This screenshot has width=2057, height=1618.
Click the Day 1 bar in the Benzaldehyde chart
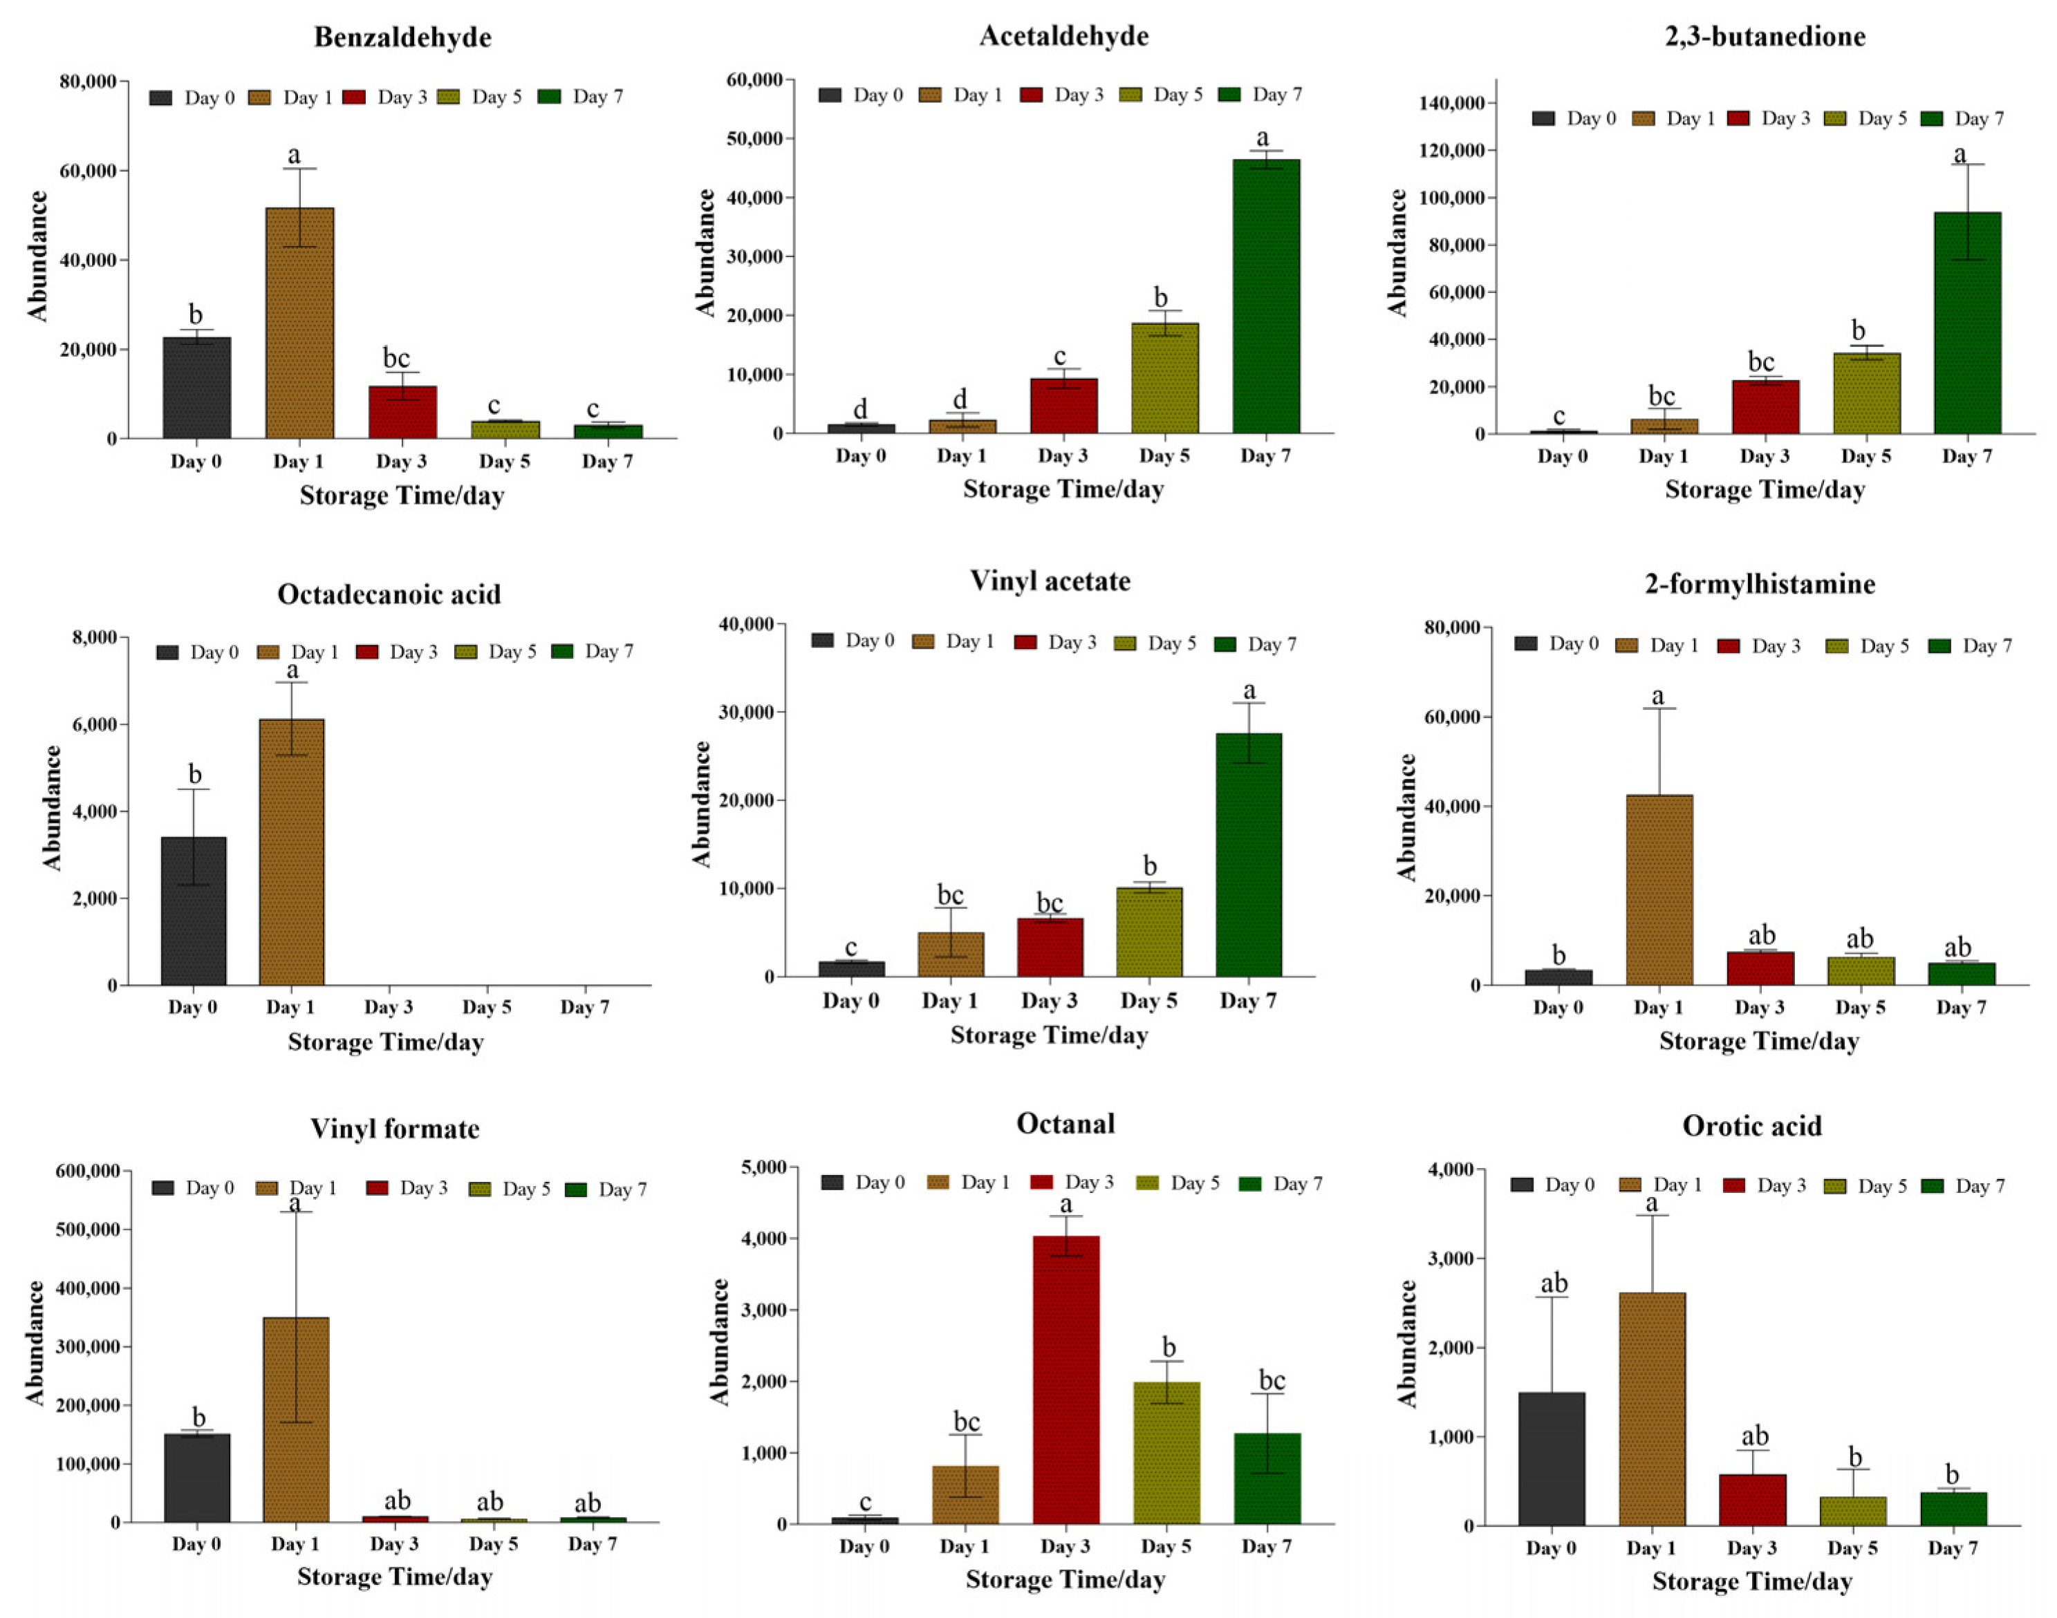pyautogui.click(x=299, y=322)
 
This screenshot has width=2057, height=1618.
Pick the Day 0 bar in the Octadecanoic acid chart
pyautogui.click(x=194, y=910)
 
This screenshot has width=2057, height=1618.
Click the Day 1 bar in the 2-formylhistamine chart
pyautogui.click(x=1659, y=890)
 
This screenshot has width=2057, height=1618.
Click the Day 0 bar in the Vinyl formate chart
pyautogui.click(x=197, y=1478)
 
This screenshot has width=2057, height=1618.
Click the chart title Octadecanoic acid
pyautogui.click(x=389, y=594)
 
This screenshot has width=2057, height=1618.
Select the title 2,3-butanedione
pyautogui.click(x=1765, y=36)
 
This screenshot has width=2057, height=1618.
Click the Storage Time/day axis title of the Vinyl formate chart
pyautogui.click(x=394, y=1577)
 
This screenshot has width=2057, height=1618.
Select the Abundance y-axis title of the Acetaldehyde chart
pyautogui.click(x=705, y=252)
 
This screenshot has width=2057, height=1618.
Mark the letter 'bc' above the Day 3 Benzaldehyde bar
pyautogui.click(x=396, y=358)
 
